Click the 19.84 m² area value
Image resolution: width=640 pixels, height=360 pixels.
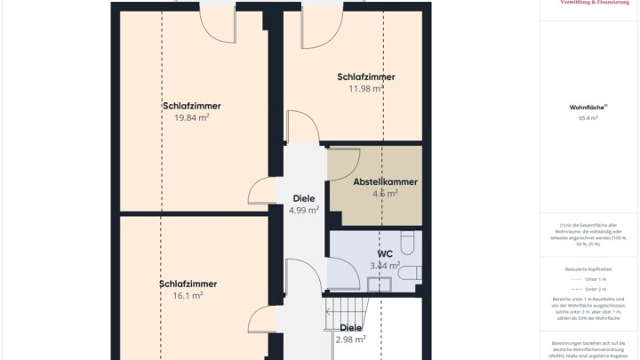click(192, 117)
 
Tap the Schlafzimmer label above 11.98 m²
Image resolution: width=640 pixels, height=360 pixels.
click(366, 76)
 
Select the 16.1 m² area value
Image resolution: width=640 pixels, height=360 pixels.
click(188, 296)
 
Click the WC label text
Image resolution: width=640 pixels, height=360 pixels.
click(385, 252)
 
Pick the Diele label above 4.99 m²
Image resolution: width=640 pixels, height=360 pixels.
click(304, 198)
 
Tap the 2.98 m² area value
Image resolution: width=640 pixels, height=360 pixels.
click(351, 339)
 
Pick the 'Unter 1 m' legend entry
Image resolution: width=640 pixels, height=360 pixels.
click(590, 279)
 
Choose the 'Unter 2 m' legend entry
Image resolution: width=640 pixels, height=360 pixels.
click(590, 289)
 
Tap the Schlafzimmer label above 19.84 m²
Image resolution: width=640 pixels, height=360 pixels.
click(192, 106)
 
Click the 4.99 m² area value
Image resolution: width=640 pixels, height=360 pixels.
click(304, 211)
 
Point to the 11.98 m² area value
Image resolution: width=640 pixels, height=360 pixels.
click(366, 89)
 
